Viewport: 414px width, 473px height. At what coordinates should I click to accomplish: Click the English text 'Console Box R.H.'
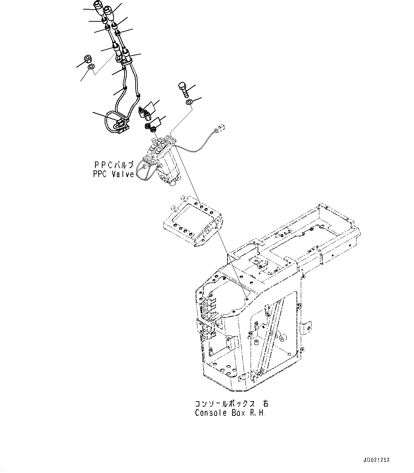[230, 413]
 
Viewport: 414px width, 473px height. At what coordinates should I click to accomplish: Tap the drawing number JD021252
[377, 460]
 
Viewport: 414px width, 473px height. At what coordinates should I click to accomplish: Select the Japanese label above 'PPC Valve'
[114, 165]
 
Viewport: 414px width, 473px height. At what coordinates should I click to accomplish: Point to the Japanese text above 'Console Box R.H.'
[231, 404]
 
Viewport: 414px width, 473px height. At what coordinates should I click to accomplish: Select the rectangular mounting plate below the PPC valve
[192, 222]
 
